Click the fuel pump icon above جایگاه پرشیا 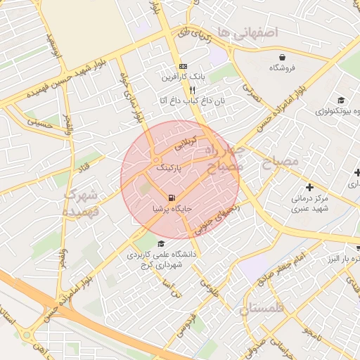pyautogui.click(x=172, y=197)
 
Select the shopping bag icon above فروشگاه pyautogui.click(x=282, y=57)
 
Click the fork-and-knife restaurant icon pyautogui.click(x=191, y=91)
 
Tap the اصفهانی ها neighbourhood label pyautogui.click(x=248, y=32)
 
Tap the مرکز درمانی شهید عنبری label pyautogui.click(x=310, y=204)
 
